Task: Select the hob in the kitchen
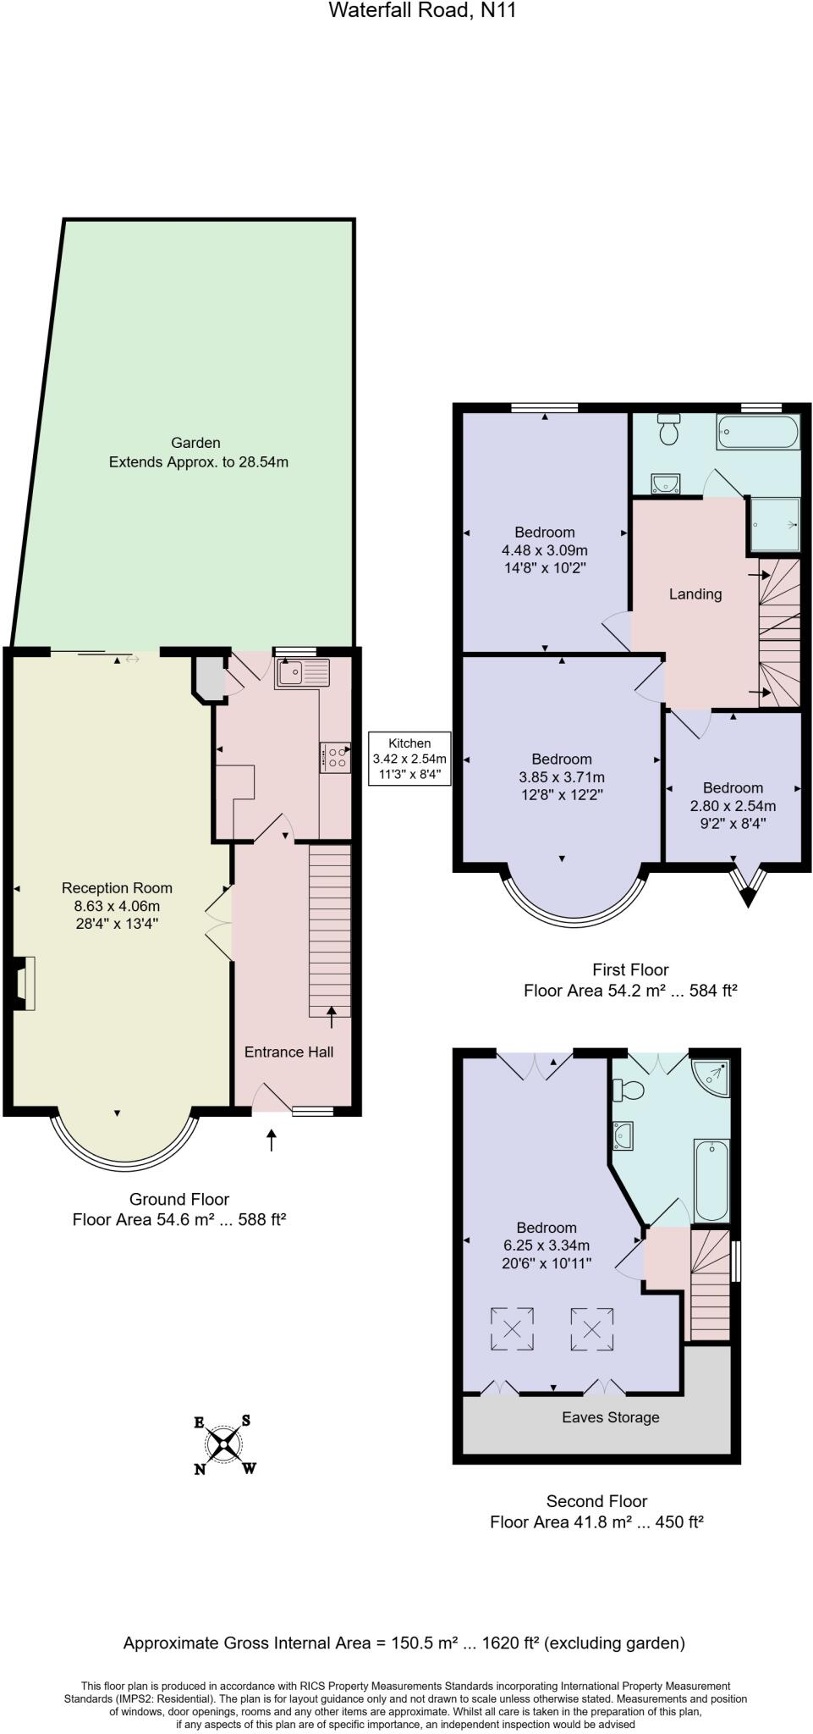click(336, 756)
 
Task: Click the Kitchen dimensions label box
click(409, 759)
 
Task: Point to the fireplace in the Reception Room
click(25, 984)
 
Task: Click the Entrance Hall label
click(288, 1052)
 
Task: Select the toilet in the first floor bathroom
click(669, 430)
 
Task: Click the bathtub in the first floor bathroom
click(757, 432)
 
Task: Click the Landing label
click(695, 594)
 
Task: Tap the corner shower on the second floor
click(711, 1076)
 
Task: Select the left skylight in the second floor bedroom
click(512, 1328)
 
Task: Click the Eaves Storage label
click(610, 1417)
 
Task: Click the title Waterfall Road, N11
click(422, 11)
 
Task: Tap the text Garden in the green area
click(195, 442)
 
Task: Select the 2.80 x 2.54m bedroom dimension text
click(733, 805)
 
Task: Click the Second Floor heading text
click(596, 1501)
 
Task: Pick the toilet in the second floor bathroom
click(628, 1090)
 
